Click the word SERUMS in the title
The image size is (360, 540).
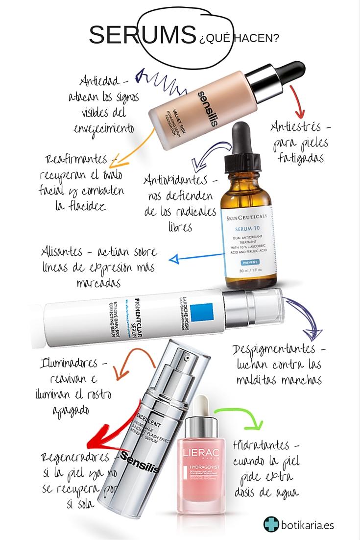pyautogui.click(x=142, y=35)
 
